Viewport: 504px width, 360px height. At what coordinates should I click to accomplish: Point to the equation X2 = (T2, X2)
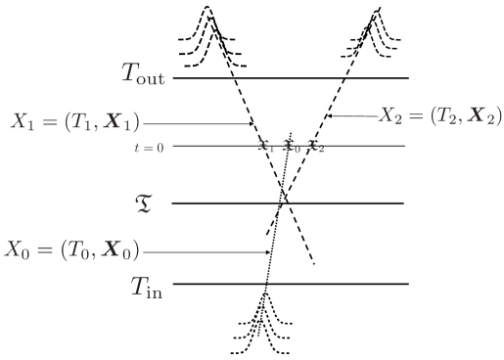pos(440,116)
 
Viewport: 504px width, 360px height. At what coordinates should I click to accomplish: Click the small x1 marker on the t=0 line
pos(262,147)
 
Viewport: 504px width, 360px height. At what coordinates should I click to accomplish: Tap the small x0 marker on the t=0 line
pos(289,147)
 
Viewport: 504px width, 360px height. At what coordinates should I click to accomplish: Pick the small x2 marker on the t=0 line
pos(313,147)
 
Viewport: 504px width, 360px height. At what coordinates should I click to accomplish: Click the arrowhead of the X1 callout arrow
pos(253,124)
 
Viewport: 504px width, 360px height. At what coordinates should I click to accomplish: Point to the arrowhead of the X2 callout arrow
pos(329,117)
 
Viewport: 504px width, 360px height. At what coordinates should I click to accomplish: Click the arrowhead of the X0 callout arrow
pos(270,251)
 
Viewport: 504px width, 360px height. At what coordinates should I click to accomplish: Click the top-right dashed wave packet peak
pos(377,12)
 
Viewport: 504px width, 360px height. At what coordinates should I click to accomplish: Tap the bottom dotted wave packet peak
pos(264,293)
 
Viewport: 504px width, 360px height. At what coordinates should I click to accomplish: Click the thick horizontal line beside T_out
pos(294,78)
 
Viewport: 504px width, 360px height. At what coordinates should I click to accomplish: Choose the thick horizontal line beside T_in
pos(294,285)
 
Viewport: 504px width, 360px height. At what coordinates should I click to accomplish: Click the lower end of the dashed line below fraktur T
pos(313,264)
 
